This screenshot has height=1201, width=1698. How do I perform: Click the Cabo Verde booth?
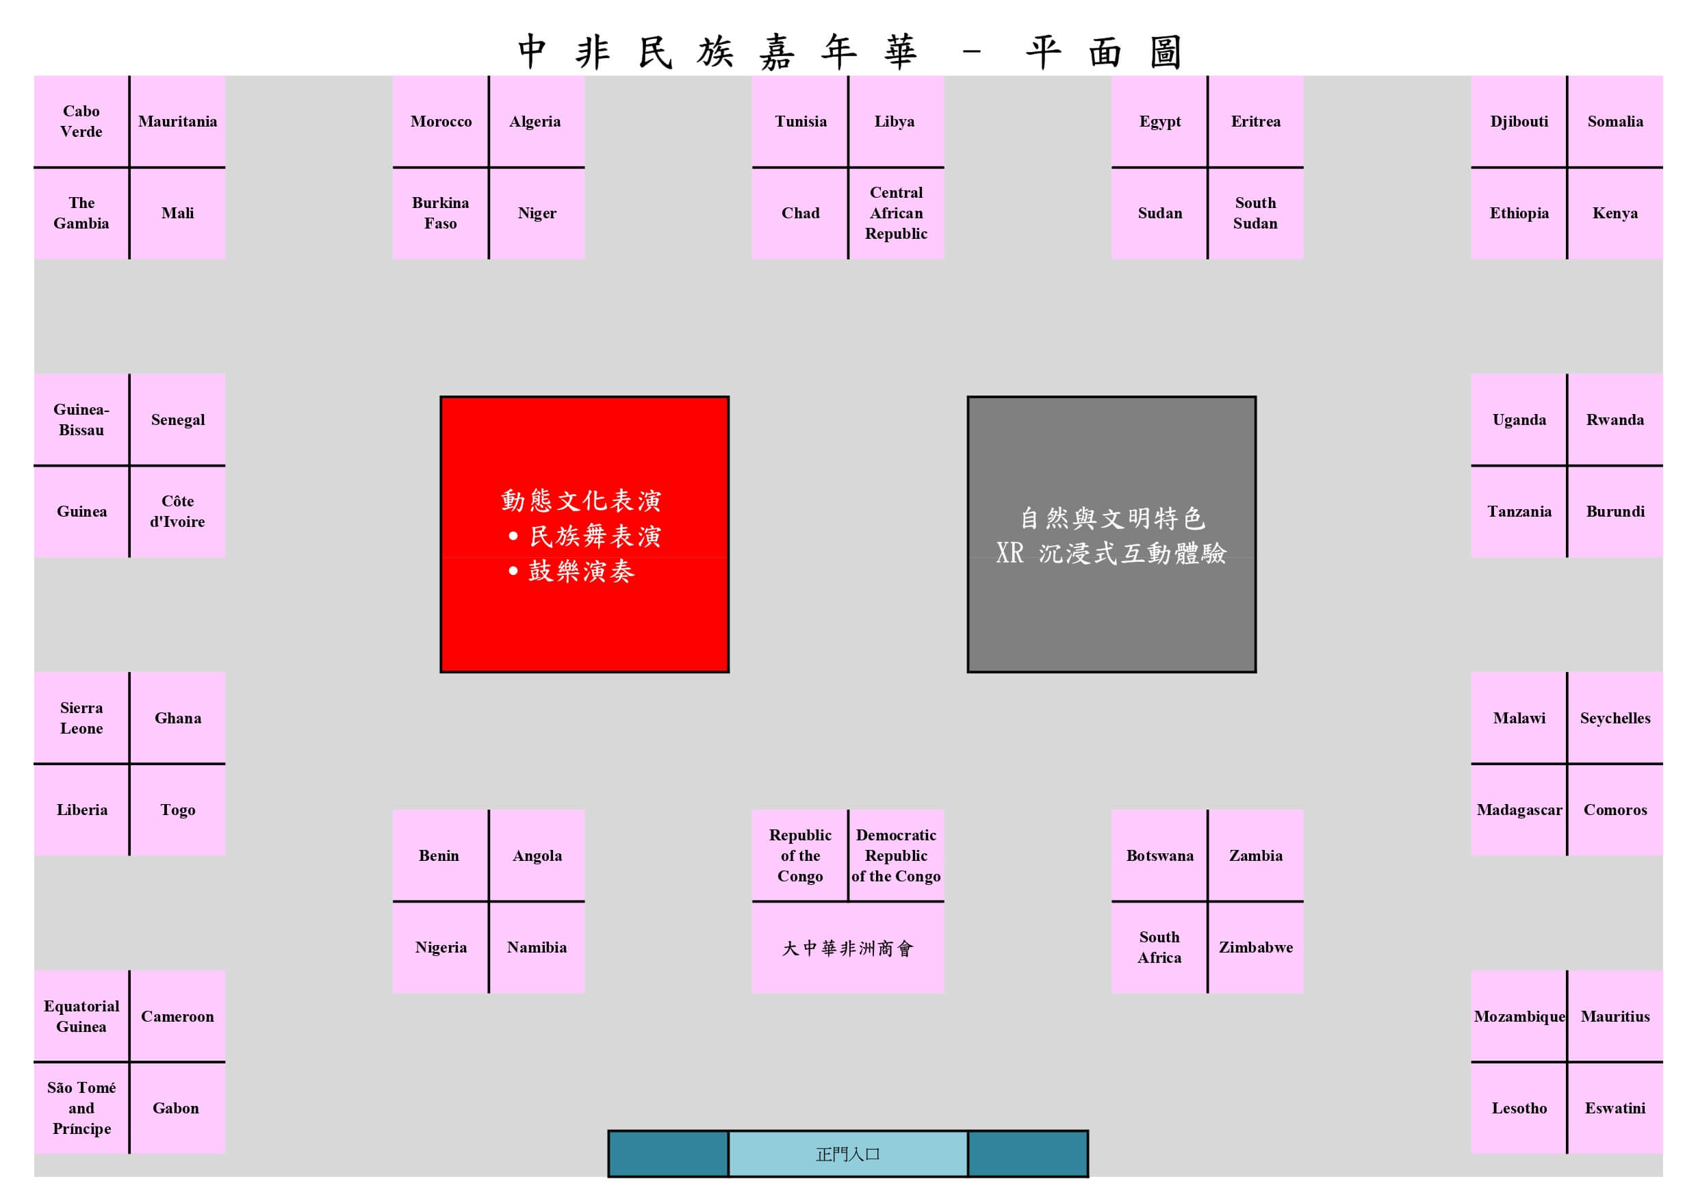pyautogui.click(x=81, y=121)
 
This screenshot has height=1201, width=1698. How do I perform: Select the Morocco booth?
pyautogui.click(x=441, y=121)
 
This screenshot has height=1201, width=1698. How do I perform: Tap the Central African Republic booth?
pyautogui.click(x=896, y=213)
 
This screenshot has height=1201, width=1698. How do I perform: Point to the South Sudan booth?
pyautogui.click(x=1255, y=213)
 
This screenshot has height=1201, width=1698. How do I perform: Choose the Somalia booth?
pyautogui.click(x=1615, y=121)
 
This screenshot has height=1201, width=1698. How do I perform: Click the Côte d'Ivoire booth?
pyautogui.click(x=177, y=511)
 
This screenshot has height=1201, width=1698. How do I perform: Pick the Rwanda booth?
pyautogui.click(x=1615, y=419)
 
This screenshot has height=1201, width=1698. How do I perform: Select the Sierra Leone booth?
pyautogui.click(x=81, y=717)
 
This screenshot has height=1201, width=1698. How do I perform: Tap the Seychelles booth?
pyautogui.click(x=1615, y=717)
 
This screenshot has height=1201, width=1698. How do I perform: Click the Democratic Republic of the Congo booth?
pyautogui.click(x=896, y=855)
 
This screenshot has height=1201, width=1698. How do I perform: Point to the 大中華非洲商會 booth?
pyautogui.click(x=847, y=947)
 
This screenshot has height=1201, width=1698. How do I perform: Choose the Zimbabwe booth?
pyautogui.click(x=1255, y=947)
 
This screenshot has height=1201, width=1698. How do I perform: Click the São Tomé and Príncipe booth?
pyautogui.click(x=81, y=1107)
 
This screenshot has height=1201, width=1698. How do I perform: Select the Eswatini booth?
pyautogui.click(x=1615, y=1107)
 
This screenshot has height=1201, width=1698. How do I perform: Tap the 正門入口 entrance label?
pyautogui.click(x=847, y=1154)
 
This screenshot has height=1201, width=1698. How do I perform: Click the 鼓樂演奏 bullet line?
pyautogui.click(x=580, y=571)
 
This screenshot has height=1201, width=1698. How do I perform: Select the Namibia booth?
pyautogui.click(x=537, y=947)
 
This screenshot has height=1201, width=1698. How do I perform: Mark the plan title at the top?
pyautogui.click(x=849, y=52)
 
